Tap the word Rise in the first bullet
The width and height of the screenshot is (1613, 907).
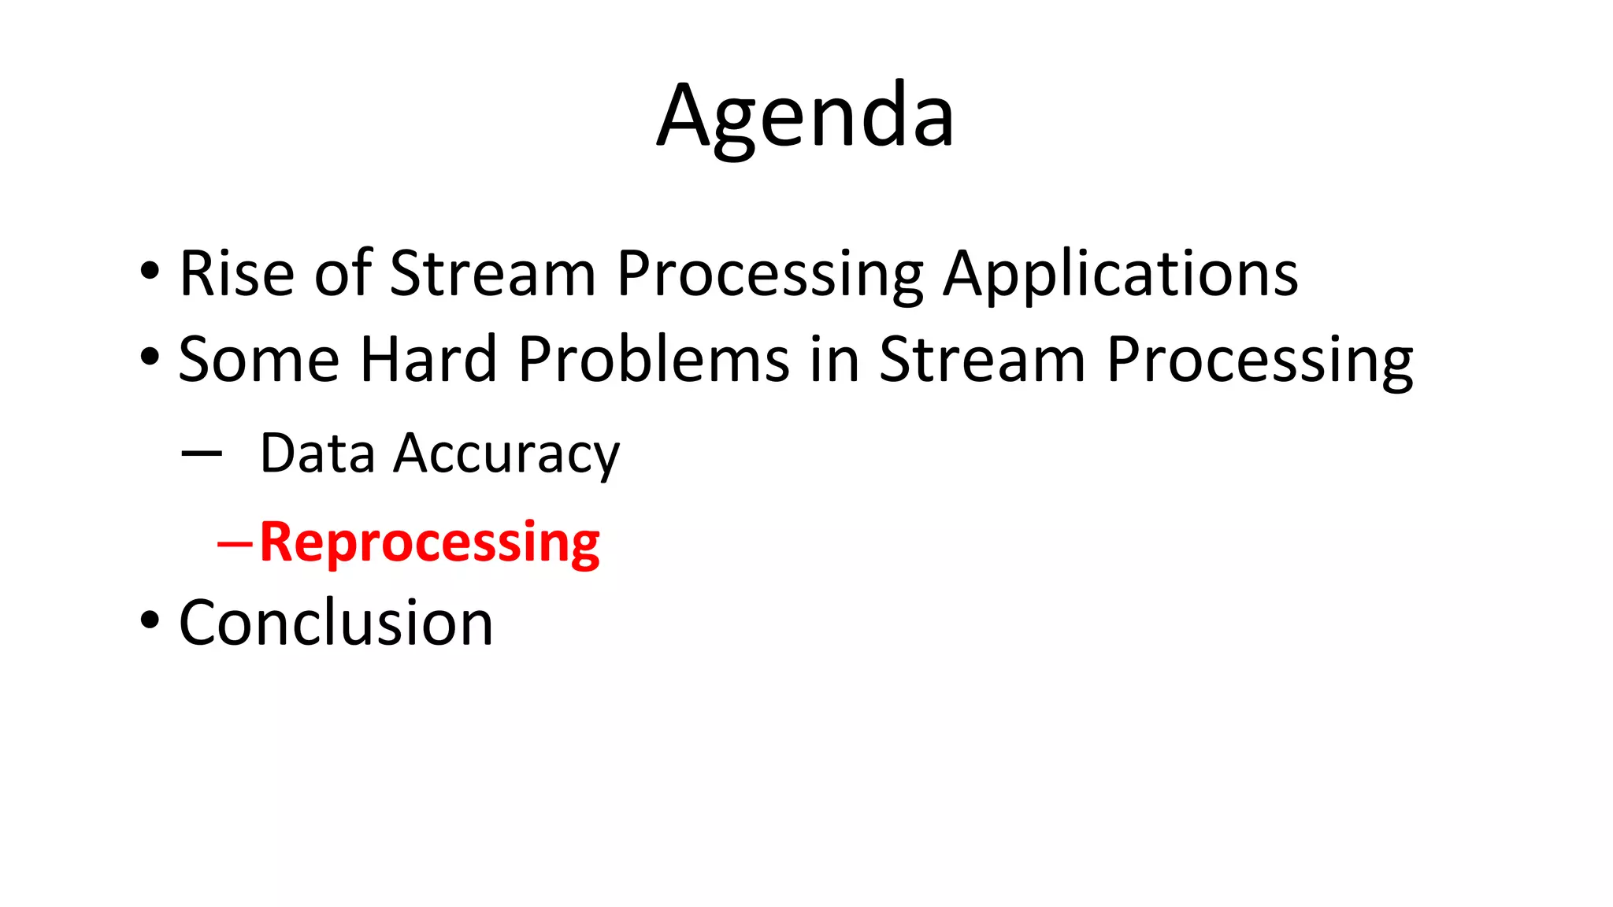tap(236, 274)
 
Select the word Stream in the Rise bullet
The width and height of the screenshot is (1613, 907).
tap(492, 274)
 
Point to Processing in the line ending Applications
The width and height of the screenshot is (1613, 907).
tap(769, 274)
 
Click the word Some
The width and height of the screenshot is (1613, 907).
tap(258, 360)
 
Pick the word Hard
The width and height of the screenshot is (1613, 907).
tap(428, 360)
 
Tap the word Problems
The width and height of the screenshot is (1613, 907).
tap(654, 360)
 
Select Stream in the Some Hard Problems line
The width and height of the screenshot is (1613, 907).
tap(981, 360)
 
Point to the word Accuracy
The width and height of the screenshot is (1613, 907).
tap(506, 455)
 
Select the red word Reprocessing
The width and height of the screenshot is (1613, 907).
tap(429, 542)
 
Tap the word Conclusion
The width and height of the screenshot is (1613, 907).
tap(336, 623)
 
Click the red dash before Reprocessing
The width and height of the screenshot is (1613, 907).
tap(235, 543)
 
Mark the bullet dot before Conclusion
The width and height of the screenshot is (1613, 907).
tap(150, 620)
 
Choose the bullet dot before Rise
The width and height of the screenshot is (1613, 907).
tap(150, 272)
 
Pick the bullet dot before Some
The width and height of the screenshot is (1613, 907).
tap(150, 357)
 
